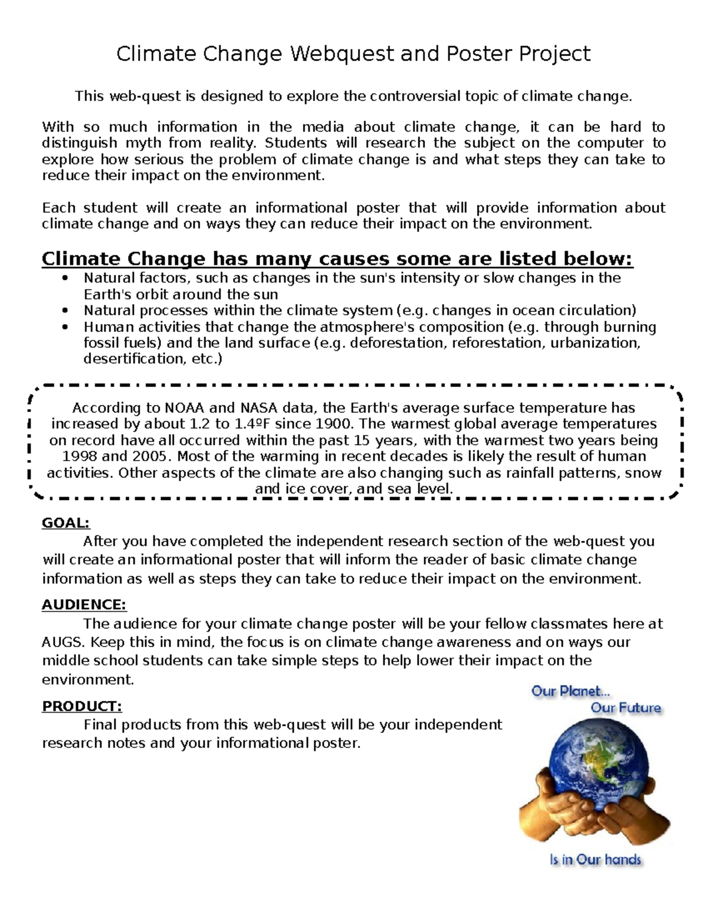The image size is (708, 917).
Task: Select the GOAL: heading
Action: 65,523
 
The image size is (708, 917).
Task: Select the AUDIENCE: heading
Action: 84,605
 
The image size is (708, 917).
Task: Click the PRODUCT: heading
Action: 81,706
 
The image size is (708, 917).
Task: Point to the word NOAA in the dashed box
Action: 183,408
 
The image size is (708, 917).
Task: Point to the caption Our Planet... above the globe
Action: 571,691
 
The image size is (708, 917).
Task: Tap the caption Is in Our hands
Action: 595,860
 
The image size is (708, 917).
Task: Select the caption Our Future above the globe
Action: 625,707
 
